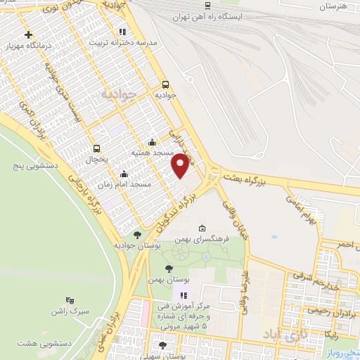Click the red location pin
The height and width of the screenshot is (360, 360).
click(181, 165)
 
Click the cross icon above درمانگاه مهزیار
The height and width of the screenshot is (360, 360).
click(27, 34)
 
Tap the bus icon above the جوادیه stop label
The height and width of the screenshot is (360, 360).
click(165, 82)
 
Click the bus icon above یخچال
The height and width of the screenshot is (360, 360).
click(97, 148)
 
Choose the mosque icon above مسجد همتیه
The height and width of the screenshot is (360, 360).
click(152, 141)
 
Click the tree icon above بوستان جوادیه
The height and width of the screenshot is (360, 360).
click(136, 235)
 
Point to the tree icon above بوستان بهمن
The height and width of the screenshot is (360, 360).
click(168, 269)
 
